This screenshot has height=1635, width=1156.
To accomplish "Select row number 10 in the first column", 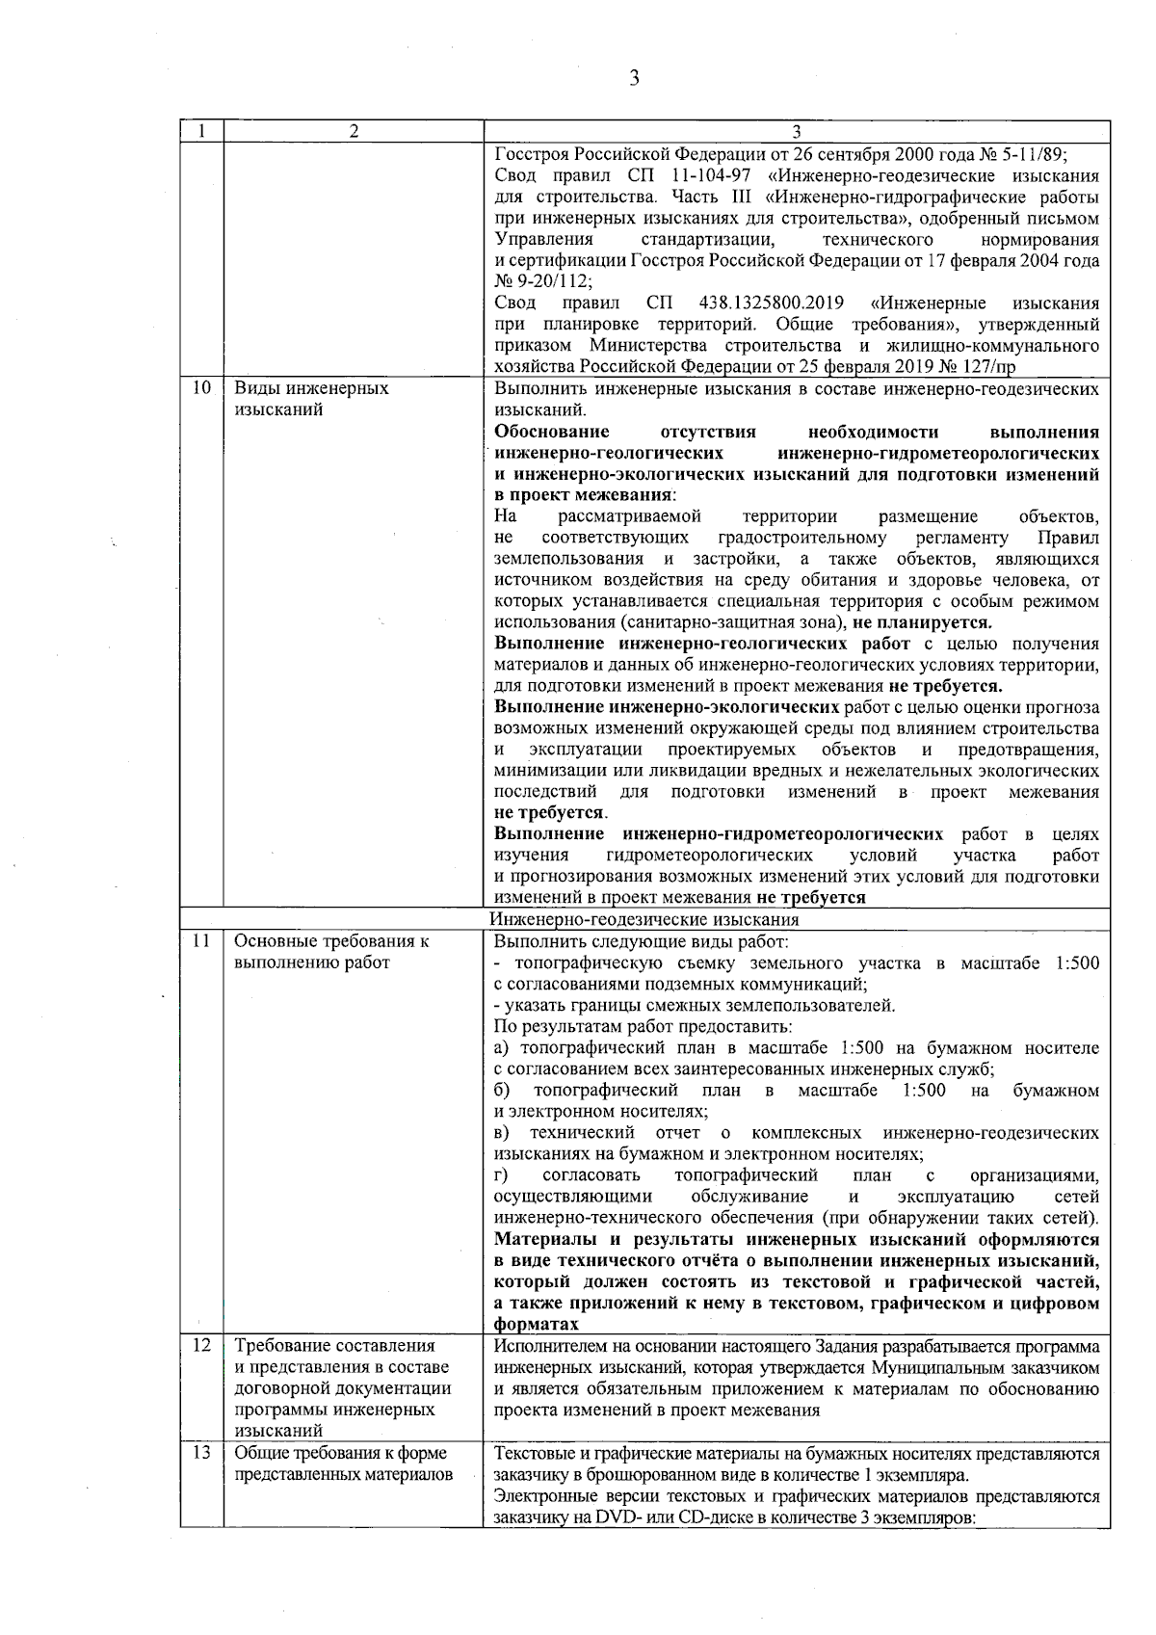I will [201, 388].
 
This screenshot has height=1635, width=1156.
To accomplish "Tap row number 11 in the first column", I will [201, 941].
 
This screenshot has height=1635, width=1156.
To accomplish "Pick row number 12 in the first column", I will [201, 1345].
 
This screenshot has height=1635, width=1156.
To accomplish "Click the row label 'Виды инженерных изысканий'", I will [311, 399].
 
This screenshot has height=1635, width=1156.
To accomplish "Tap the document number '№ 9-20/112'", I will [541, 281].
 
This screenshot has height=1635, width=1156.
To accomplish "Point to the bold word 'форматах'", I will [536, 1325].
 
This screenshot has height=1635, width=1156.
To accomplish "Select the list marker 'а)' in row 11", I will [502, 1047].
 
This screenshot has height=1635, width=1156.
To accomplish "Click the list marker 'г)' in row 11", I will [501, 1175].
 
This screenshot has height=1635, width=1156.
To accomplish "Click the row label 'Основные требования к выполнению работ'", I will [331, 952].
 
